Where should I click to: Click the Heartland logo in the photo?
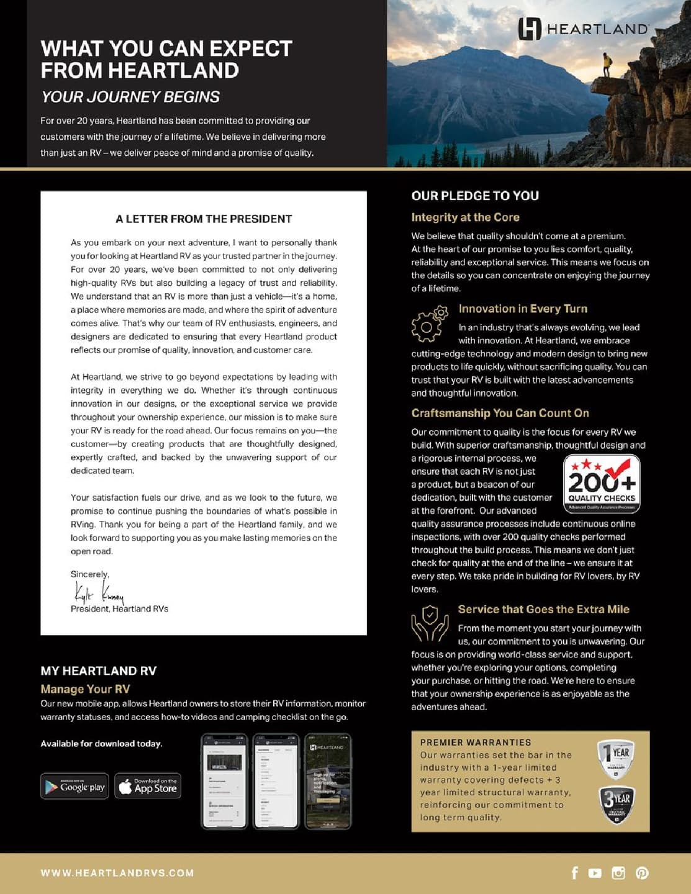click(583, 29)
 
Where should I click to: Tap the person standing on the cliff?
click(606, 65)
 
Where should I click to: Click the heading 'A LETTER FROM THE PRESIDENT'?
click(204, 219)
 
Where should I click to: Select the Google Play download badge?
click(75, 786)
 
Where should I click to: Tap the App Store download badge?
click(148, 786)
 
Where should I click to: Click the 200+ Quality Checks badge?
click(602, 484)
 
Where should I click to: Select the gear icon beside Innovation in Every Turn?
click(429, 323)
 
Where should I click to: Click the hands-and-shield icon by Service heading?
click(429, 624)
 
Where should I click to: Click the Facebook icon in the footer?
click(574, 873)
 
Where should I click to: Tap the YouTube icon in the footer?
click(595, 873)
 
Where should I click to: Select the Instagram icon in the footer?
click(618, 873)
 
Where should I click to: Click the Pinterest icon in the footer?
click(642, 873)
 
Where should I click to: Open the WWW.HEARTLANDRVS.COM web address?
click(117, 873)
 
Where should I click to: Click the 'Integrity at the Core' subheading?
click(465, 217)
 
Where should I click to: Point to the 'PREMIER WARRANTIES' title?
click(476, 743)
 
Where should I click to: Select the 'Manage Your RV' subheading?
click(85, 689)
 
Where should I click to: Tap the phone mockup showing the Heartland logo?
click(328, 781)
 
